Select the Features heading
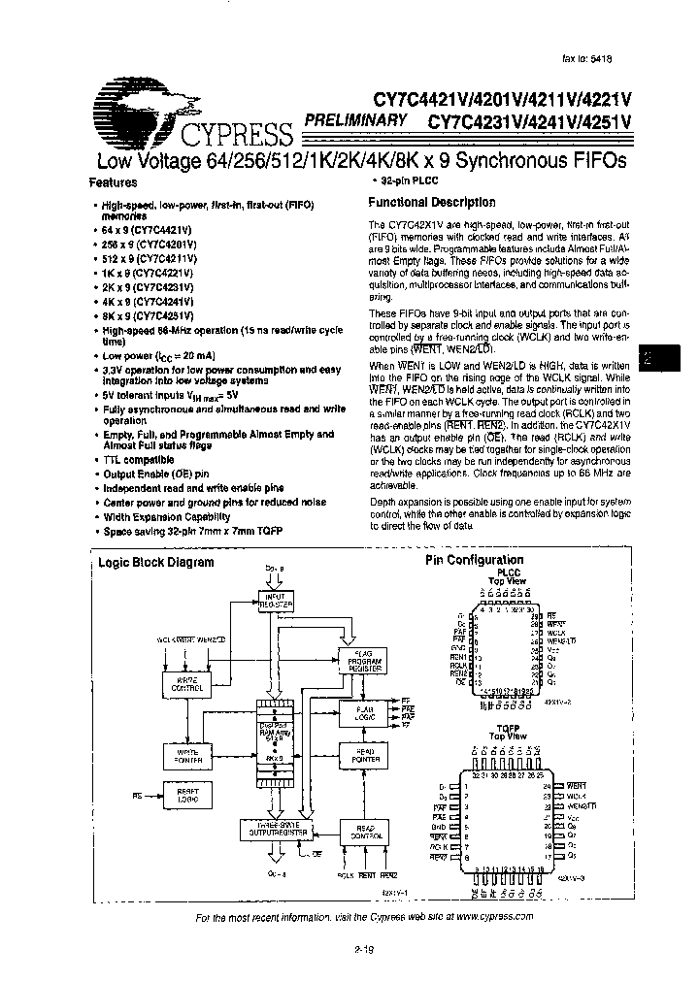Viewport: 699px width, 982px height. [114, 181]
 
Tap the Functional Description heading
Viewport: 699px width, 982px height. [432, 203]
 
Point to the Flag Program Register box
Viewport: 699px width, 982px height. [361, 662]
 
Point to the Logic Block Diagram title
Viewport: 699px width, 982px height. [156, 562]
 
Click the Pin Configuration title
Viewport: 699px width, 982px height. [474, 560]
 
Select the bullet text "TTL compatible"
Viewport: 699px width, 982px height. [138, 459]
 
